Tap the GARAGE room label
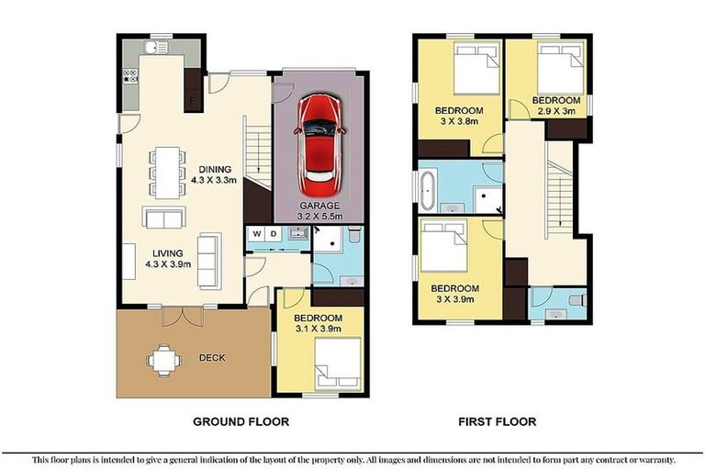319,206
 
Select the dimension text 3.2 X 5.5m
319,217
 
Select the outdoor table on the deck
163,359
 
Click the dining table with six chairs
164,171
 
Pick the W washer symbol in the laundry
256,233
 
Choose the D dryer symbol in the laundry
271,233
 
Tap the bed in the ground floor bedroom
336,363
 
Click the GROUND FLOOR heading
241,422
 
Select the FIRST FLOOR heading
497,422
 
